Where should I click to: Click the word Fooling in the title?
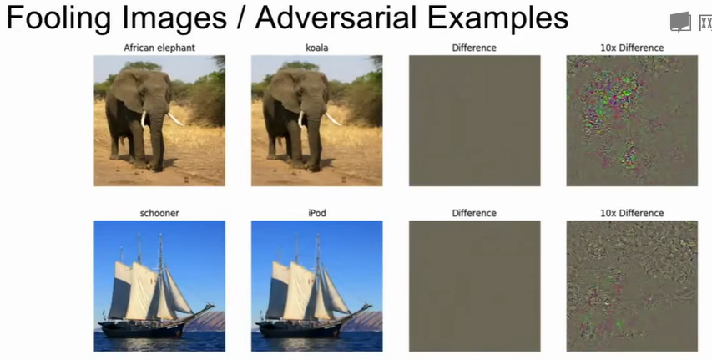click(x=58, y=18)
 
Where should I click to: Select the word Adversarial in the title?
click(x=334, y=18)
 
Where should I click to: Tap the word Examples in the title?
click(x=497, y=18)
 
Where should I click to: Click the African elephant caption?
click(x=159, y=48)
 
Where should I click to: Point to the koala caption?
click(x=317, y=48)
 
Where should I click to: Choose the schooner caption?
click(x=159, y=213)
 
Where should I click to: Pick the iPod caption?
click(x=317, y=213)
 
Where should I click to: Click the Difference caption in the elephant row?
click(x=474, y=48)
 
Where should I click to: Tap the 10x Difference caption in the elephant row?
click(x=632, y=48)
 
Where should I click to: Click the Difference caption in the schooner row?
click(x=474, y=213)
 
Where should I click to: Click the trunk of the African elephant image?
click(x=157, y=136)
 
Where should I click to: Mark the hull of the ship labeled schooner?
click(x=143, y=330)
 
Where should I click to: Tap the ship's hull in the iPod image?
click(x=300, y=330)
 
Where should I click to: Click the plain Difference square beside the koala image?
click(x=474, y=120)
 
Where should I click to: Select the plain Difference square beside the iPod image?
click(x=474, y=286)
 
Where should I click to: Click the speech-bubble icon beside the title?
click(x=680, y=22)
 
